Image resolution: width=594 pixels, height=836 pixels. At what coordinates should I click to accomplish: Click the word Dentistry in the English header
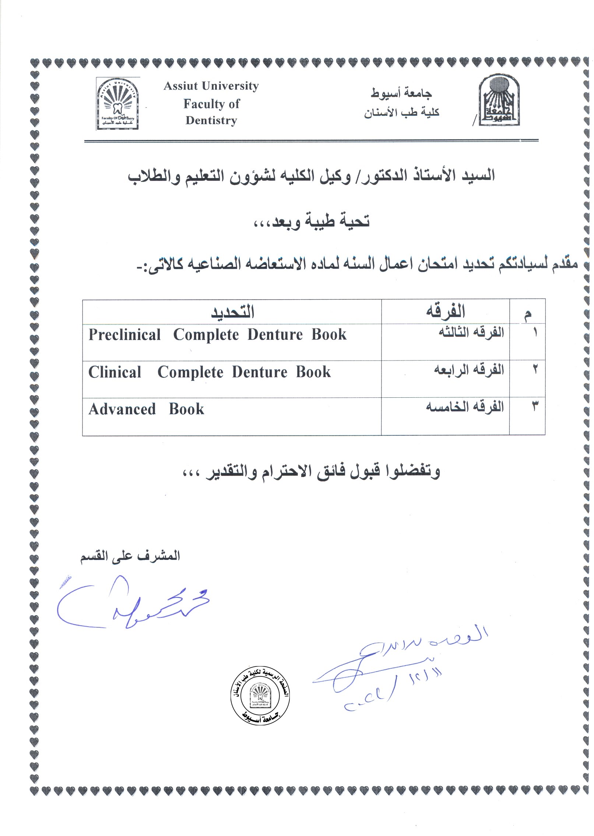[211, 121]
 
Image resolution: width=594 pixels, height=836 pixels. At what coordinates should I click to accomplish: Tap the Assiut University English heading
[211, 86]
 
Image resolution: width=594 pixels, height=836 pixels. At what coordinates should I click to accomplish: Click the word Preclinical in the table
[125, 335]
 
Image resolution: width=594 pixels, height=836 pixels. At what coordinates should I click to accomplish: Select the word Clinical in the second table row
[115, 372]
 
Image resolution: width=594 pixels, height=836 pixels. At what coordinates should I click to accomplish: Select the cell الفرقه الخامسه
[465, 407]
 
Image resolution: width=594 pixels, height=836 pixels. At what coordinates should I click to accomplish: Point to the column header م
[527, 314]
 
